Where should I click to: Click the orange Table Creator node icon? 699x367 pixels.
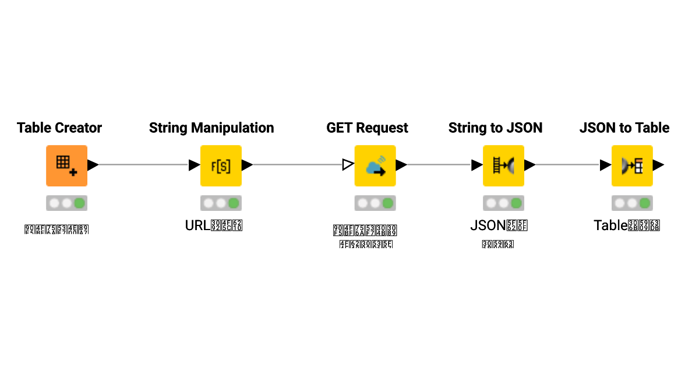click(66, 165)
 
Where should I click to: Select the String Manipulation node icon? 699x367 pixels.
click(221, 165)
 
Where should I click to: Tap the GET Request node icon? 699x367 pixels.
click(375, 165)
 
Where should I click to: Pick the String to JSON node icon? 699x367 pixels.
click(503, 165)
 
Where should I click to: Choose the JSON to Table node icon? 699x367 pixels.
click(632, 165)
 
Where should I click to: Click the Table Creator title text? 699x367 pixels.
click(59, 128)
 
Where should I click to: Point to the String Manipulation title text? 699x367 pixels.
click(211, 128)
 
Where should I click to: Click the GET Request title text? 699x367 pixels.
click(367, 128)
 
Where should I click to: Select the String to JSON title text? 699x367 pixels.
click(495, 128)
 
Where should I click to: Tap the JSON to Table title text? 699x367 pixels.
click(624, 128)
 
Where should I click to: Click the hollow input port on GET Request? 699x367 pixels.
click(348, 165)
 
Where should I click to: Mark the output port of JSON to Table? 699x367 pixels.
click(658, 165)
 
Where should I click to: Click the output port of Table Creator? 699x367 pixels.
click(93, 165)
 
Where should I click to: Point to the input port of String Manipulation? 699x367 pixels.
click(195, 165)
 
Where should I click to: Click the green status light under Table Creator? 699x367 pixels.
click(80, 203)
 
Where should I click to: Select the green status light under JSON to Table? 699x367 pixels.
click(645, 203)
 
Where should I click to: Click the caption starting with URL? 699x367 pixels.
click(214, 225)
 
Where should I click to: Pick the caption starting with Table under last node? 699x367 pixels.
click(626, 225)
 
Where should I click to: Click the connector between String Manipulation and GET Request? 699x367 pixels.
click(297, 165)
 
